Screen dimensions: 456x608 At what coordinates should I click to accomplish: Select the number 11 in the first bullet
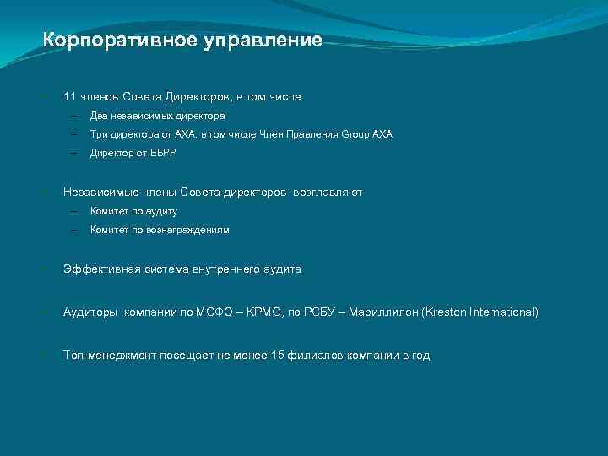70,97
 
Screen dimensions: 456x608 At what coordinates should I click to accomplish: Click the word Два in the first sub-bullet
100,116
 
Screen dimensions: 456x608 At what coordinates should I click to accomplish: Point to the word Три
99,134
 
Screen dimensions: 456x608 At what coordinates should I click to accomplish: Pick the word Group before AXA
356,134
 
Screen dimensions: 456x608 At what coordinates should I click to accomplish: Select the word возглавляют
328,193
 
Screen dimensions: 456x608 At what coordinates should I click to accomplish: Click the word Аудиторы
90,312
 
